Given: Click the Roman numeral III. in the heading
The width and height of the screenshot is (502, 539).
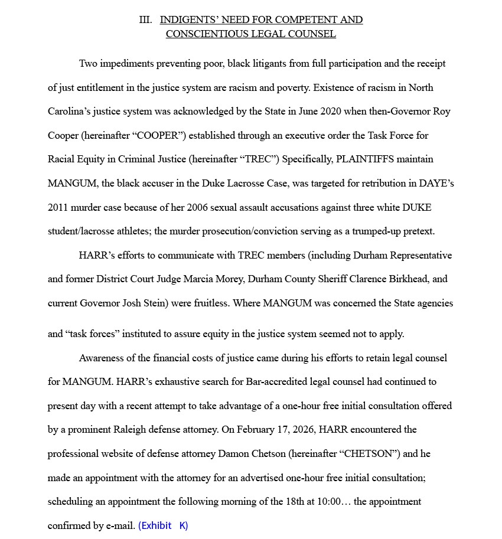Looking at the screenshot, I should (x=145, y=20).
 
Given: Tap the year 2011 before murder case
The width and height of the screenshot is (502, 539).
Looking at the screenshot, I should (x=59, y=208).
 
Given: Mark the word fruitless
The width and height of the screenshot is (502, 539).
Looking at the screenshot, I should (x=209, y=303).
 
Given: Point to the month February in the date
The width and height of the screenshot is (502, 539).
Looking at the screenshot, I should (x=256, y=430).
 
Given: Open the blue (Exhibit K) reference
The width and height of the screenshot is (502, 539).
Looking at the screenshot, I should (x=163, y=525).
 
